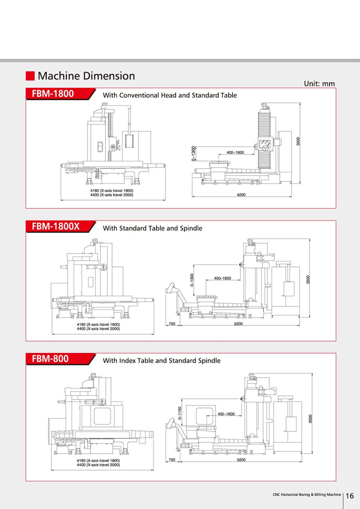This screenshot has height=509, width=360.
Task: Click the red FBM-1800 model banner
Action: tap(60, 94)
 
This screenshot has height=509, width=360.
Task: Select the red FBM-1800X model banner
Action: tap(60, 226)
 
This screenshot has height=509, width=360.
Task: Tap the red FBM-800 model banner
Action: tap(60, 358)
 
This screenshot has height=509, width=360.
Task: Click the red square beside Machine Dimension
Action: tap(30, 76)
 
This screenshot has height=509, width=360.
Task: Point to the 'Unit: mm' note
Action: tap(319, 84)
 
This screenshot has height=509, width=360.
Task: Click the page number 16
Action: tap(349, 495)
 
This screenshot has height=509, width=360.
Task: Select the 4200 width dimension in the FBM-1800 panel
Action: tap(241, 195)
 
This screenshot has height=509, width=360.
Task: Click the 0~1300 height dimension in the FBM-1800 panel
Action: tap(194, 153)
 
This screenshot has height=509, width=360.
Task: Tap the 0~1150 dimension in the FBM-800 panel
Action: tap(180, 413)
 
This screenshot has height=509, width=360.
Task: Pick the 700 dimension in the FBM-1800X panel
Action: tap(172, 323)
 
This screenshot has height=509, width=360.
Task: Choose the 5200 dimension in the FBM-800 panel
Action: tap(241, 459)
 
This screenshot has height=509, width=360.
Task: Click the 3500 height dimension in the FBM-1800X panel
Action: tap(308, 279)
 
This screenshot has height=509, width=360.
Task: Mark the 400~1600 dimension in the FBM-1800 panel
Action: tap(235, 152)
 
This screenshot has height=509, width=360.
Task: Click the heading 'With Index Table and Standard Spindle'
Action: tap(161, 360)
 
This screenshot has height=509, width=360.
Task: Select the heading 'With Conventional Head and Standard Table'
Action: tap(170, 95)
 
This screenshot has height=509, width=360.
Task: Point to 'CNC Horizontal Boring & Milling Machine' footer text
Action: tap(307, 494)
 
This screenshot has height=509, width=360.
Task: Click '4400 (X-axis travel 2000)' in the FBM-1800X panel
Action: tap(98, 329)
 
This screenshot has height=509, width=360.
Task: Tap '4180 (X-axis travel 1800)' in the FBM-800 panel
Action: tap(98, 460)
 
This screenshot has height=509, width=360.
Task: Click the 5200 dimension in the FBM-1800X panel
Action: tap(238, 323)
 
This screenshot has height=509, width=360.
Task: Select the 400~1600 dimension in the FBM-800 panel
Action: tap(226, 414)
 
